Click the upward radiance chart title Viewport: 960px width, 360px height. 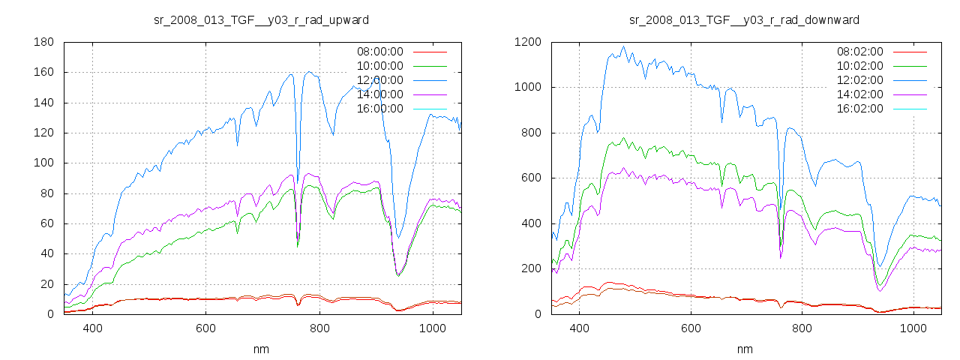pos(261,19)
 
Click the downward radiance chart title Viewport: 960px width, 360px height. pos(744,19)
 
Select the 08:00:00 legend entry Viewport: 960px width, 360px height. pos(380,52)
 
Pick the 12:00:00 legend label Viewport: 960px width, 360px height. pos(380,80)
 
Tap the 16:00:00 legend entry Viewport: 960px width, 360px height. pos(380,109)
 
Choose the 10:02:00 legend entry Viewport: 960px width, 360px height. pos(860,66)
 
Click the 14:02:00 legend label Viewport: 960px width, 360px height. pos(860,94)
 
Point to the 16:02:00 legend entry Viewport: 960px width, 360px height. pos(860,109)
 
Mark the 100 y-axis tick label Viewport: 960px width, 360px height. pos(43,163)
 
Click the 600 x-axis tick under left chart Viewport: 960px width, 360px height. pos(205,328)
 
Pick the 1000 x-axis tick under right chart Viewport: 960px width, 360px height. pos(913,328)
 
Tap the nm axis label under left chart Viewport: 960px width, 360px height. pos(262,349)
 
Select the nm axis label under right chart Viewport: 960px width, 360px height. pos(745,349)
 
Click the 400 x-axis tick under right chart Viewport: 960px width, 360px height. pos(578,328)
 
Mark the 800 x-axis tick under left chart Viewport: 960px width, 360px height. pos(319,328)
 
